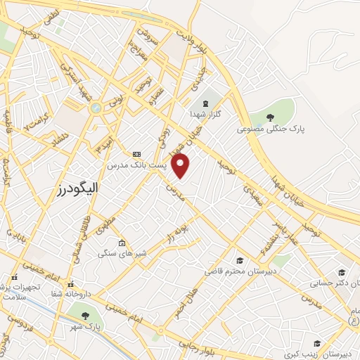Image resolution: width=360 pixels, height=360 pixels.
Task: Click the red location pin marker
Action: (181, 166)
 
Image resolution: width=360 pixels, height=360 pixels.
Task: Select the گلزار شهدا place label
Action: (207, 112)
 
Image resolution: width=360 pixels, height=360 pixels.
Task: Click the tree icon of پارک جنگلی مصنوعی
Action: (271, 117)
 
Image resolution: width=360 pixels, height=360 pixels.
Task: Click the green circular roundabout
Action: (96, 108)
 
